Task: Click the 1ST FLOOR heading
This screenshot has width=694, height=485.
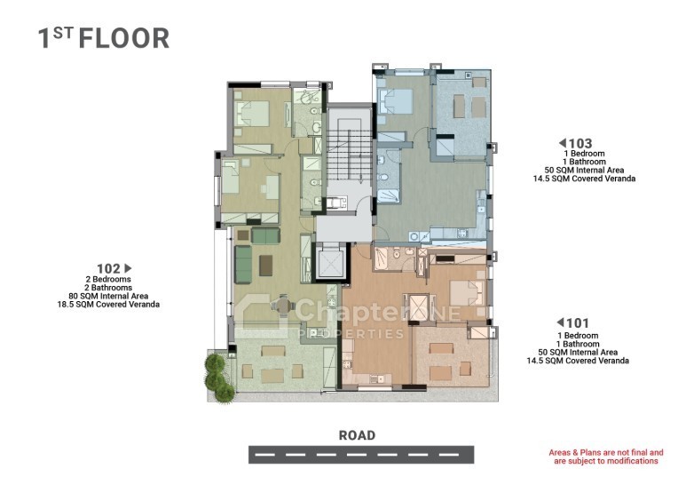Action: click(x=104, y=38)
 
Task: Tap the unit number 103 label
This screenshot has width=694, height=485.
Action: click(x=580, y=143)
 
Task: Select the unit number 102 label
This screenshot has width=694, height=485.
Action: click(x=108, y=268)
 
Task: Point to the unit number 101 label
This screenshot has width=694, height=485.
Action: click(x=578, y=323)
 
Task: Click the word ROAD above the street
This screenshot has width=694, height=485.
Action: click(x=357, y=435)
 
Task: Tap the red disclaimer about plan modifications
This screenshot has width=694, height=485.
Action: click(x=606, y=457)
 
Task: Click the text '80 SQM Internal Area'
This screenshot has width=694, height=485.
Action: click(x=108, y=296)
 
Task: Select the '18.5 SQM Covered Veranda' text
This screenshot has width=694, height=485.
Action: click(x=108, y=305)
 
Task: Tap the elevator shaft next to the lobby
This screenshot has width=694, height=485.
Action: click(x=331, y=262)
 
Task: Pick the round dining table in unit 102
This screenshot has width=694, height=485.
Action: click(x=283, y=305)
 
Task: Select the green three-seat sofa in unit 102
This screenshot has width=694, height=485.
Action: click(x=243, y=265)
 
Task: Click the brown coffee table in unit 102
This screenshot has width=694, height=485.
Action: click(x=266, y=266)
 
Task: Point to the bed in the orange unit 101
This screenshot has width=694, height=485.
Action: click(x=467, y=292)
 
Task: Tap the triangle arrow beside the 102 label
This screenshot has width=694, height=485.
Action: click(x=128, y=268)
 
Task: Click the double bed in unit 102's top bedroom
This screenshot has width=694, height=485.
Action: click(x=252, y=115)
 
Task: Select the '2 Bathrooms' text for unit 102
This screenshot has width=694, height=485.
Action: click(x=108, y=288)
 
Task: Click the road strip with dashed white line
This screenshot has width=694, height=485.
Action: click(x=361, y=455)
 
